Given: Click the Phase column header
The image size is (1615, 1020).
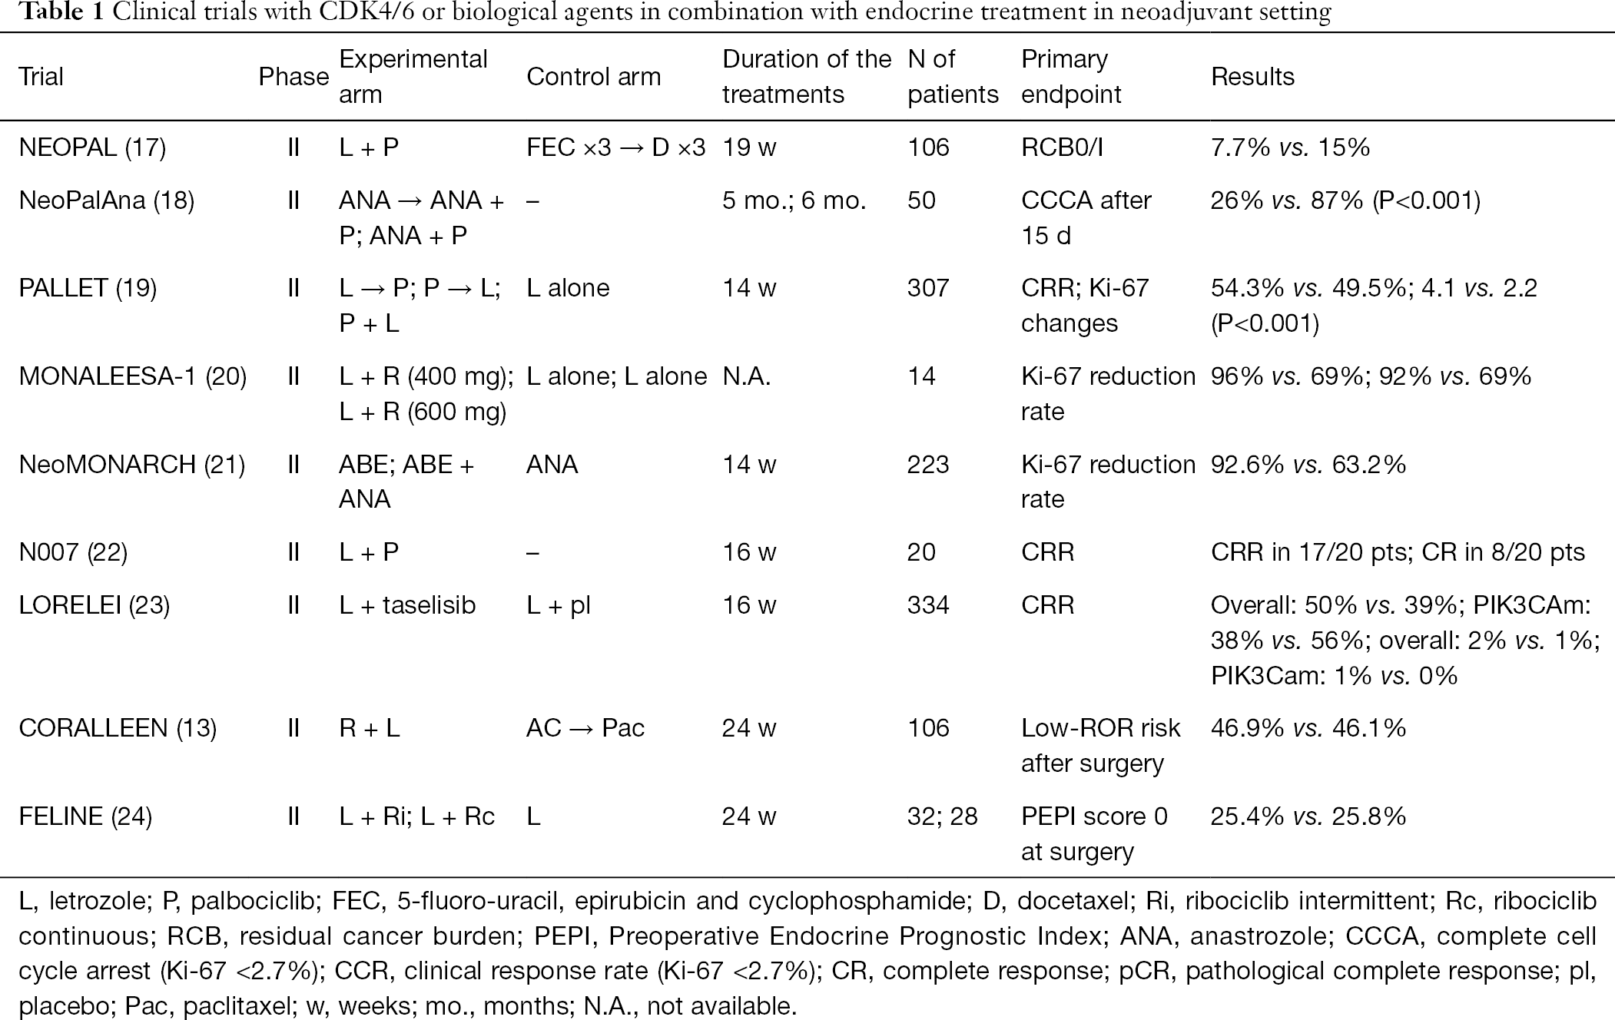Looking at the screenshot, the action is point(293,77).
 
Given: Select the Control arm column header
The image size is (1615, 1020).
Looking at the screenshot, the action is point(593,77).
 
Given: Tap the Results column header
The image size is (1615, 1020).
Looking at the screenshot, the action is point(1252,77).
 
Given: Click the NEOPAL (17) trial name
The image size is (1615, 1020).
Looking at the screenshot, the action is point(92,147).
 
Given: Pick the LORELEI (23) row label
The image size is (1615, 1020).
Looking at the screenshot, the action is point(94,605).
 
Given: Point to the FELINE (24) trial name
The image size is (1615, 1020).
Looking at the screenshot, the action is point(85,816).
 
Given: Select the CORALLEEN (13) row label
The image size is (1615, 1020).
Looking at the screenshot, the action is point(118,727).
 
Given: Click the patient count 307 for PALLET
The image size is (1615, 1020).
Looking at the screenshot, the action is point(928,288).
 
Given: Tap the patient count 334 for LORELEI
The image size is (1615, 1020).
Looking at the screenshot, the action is point(928,605).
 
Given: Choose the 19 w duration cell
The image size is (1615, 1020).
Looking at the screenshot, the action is point(749,147).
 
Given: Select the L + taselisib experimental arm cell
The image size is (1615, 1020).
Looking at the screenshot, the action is point(407,605).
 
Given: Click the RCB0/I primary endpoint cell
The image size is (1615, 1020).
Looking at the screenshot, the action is point(1062,147).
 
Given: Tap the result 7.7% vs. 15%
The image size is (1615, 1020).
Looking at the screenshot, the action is point(1290,147).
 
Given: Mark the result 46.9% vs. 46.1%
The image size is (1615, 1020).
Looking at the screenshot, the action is point(1308,727).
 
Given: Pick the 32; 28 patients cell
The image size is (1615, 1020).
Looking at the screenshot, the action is point(942,816).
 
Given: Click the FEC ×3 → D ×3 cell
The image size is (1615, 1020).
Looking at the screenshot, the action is point(615,147).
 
